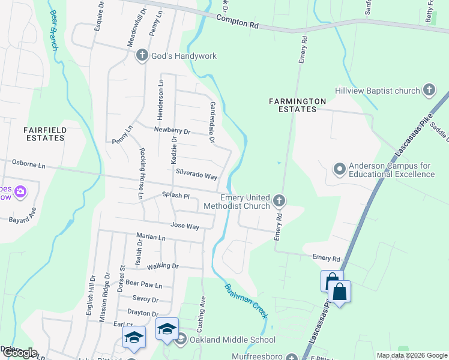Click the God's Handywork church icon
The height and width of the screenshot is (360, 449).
point(142,56)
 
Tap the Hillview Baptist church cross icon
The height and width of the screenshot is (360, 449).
point(429,91)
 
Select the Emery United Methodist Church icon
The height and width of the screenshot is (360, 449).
point(279,200)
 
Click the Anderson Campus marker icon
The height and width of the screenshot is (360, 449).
point(339,169)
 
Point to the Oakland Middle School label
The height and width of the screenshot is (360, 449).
point(232,340)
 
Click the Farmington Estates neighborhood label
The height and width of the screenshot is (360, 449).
point(297,105)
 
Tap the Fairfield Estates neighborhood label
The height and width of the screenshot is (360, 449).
point(44,133)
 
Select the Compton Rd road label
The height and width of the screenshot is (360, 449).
point(237,22)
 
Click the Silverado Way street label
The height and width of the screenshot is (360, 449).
point(196,174)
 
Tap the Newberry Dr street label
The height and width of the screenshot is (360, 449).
point(172,130)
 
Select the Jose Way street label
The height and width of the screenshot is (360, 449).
point(185,226)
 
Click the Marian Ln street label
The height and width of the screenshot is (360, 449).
point(151,237)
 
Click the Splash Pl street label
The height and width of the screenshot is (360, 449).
point(176,196)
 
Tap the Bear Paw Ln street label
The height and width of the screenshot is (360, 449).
point(142,283)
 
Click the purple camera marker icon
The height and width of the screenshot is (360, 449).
point(21,192)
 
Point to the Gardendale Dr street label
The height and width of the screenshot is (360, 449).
point(212,122)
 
